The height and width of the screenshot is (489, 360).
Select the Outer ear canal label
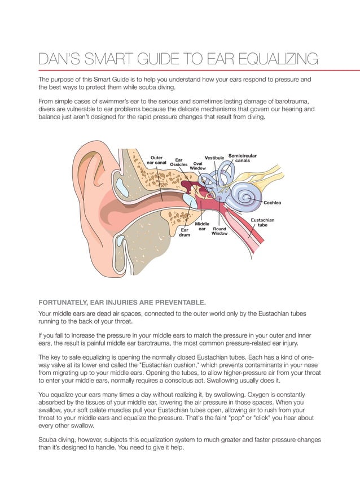tap(156, 160)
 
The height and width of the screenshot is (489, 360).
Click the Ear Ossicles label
tap(179, 163)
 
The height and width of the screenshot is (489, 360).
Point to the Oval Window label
tap(197, 166)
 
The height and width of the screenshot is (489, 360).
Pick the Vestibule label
tap(214, 158)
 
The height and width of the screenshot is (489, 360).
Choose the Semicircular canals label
tap(243, 158)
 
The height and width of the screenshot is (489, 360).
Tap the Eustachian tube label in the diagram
tap(262, 222)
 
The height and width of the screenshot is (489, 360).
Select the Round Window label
tap(219, 231)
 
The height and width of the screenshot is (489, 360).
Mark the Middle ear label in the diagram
tap(202, 226)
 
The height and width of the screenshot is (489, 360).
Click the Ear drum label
tap(185, 232)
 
